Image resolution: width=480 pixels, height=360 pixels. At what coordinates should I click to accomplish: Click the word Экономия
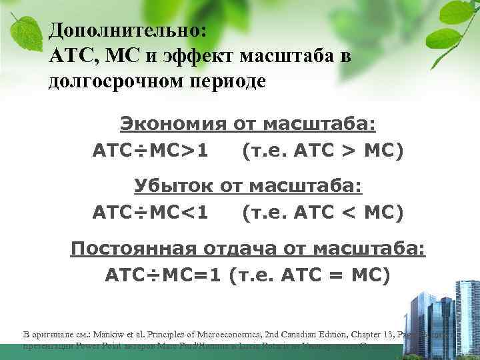173,124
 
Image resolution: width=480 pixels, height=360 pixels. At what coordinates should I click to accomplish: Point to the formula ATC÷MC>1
150,152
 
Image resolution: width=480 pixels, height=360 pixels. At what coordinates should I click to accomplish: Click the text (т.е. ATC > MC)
323,152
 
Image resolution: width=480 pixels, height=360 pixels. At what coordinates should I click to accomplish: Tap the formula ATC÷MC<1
150,213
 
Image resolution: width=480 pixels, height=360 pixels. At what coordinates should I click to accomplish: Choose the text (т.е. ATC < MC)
323,213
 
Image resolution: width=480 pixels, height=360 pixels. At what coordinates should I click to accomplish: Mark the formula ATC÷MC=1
163,275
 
